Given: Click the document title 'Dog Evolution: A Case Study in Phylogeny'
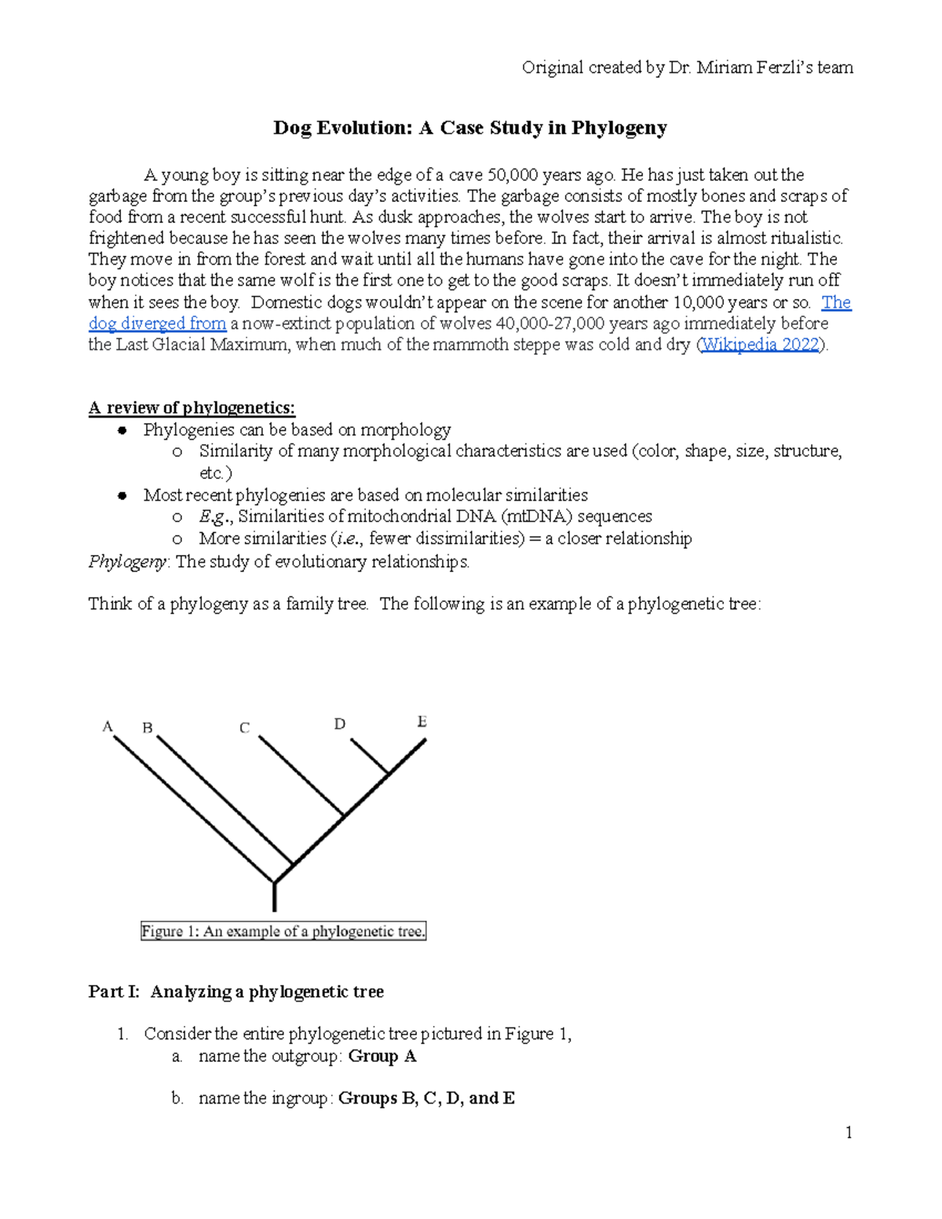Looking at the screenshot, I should pos(469,128).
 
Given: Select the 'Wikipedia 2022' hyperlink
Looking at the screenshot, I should pos(760,345).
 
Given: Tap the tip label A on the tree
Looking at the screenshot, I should pos(108,727).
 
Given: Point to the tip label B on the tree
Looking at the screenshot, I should pos(147,728).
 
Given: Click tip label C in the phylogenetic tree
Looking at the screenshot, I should pos(244,728).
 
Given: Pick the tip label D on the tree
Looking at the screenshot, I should pos(339,724).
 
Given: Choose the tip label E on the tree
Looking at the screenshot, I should pos(422,721).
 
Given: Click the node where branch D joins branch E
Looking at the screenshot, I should pos(389,775).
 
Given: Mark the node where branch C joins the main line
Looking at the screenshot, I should pos(344,816).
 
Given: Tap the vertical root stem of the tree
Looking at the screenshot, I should pos(274,896).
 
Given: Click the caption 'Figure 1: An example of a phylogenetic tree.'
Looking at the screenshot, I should pos(283,932).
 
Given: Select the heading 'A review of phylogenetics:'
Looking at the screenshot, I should pos(192,407).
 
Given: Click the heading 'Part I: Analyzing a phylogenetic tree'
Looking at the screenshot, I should pos(235,991).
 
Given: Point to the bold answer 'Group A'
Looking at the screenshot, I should pos(382,1057).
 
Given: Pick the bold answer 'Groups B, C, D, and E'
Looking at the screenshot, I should pos(426,1098).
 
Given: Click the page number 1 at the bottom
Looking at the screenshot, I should pos(848,1132).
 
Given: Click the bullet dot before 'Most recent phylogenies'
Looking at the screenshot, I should pos(122,495).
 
